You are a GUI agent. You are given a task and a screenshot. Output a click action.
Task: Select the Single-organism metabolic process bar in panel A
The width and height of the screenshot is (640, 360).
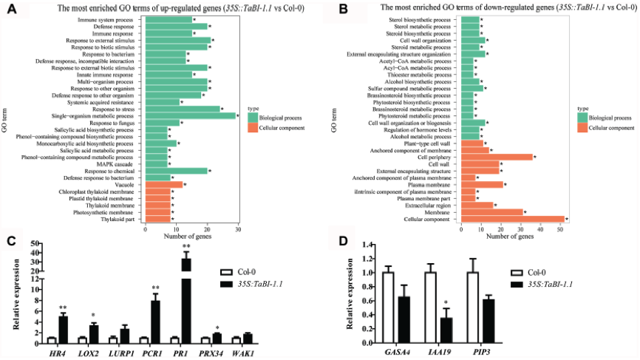pyautogui.click(x=190, y=115)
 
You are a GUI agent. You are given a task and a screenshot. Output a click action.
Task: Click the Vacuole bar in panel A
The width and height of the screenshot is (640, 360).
pyautogui.click(x=163, y=184)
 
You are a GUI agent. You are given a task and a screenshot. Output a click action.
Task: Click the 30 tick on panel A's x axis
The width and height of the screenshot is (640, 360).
pyautogui.click(x=238, y=231)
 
